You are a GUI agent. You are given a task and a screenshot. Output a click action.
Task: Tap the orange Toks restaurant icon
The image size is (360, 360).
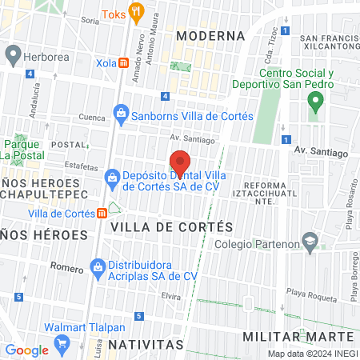tap(137, 13)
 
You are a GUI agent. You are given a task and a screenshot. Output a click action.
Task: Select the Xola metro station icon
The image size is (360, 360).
tap(123, 62)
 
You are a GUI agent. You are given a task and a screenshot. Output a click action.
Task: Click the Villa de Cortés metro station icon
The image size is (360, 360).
tap(102, 213)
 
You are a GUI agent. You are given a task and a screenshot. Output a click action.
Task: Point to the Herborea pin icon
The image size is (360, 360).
tap(13, 54)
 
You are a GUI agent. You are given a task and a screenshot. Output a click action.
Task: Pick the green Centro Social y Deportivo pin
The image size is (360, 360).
tap(315, 102)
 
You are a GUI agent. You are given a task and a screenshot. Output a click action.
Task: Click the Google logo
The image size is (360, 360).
tap(26, 350)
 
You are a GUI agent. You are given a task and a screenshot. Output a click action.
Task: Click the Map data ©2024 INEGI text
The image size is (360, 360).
tap(311, 354)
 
